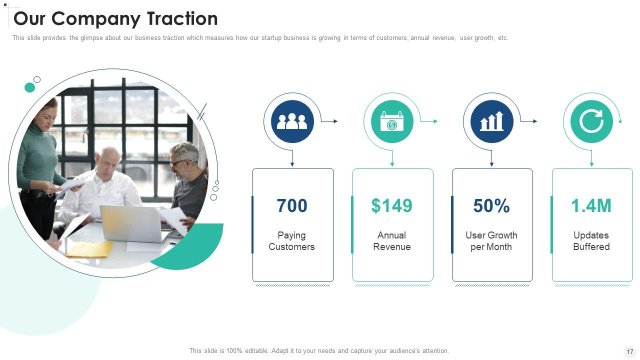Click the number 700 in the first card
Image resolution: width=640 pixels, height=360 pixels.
pyautogui.click(x=292, y=206)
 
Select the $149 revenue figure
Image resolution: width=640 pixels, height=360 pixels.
pyautogui.click(x=391, y=206)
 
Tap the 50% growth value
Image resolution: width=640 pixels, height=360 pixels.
pyautogui.click(x=491, y=206)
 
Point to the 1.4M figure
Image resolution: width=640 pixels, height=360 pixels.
pyautogui.click(x=591, y=206)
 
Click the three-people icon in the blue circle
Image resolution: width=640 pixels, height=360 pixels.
pyautogui.click(x=292, y=121)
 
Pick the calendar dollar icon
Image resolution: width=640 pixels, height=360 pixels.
pyautogui.click(x=392, y=121)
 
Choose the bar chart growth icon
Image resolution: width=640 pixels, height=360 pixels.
pyautogui.click(x=491, y=121)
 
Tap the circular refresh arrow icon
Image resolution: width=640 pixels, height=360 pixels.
pyautogui.click(x=591, y=121)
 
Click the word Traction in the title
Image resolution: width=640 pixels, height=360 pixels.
pyautogui.click(x=182, y=19)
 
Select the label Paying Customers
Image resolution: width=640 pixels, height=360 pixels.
pyautogui.click(x=291, y=241)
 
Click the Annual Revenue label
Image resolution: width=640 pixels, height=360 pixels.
pyautogui.click(x=391, y=241)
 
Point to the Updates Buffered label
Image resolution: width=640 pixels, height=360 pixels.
pyautogui.click(x=591, y=241)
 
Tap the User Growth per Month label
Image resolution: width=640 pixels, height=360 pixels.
pyautogui.click(x=491, y=241)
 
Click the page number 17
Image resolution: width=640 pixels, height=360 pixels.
pyautogui.click(x=629, y=352)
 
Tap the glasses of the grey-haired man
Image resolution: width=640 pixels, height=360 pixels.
pyautogui.click(x=176, y=163)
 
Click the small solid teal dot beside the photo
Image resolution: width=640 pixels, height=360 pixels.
pyautogui.click(x=30, y=87)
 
